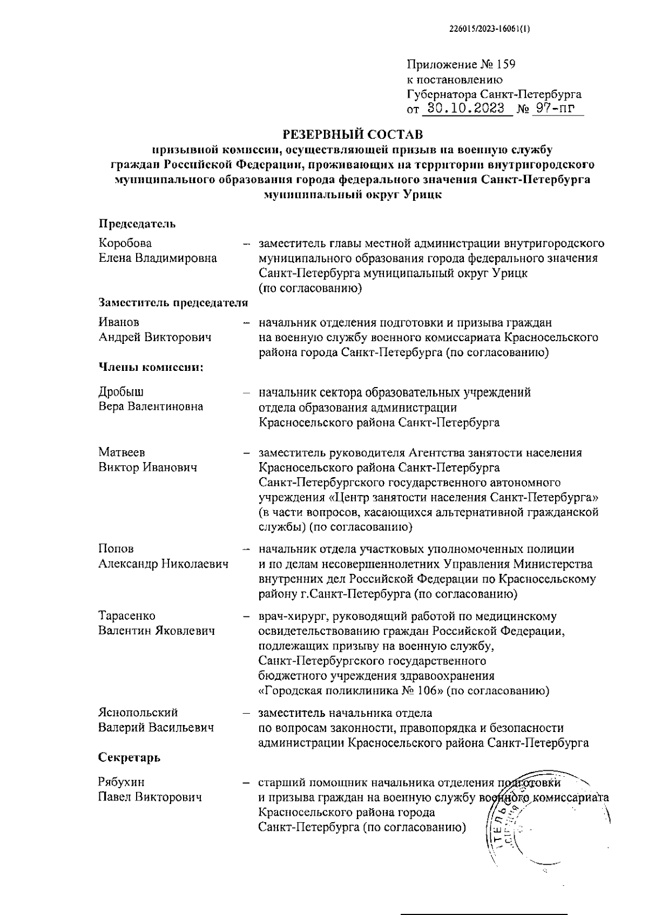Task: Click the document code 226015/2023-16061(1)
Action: tap(489, 30)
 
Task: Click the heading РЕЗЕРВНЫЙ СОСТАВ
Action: tap(353, 133)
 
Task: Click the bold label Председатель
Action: tap(137, 223)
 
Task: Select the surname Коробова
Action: tap(125, 243)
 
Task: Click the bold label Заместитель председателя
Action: tap(173, 302)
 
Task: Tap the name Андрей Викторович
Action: tap(154, 337)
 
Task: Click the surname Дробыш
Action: tap(121, 392)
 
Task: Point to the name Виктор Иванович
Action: tap(147, 467)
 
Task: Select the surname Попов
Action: tap(116, 549)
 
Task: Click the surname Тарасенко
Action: tap(127, 616)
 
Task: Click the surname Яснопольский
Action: tap(138, 713)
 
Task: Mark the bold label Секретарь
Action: tap(129, 757)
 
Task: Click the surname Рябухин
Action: tap(121, 782)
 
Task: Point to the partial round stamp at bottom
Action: tap(545, 826)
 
